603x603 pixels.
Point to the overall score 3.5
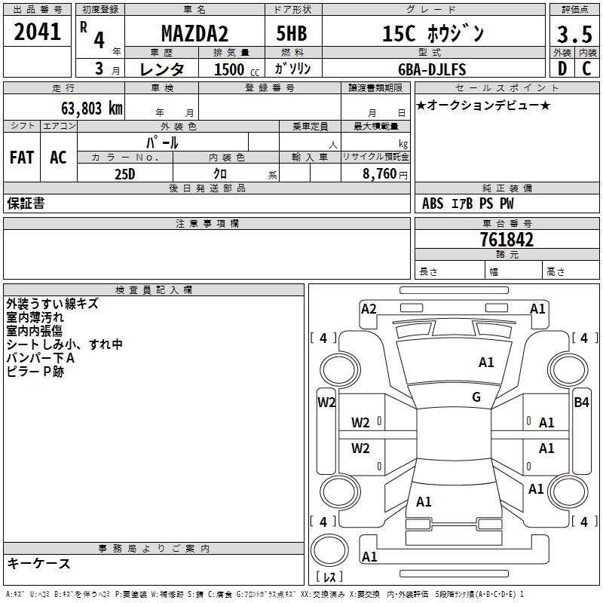coord(573,34)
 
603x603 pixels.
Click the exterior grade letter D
coord(562,69)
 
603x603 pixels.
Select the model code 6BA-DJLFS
coord(432,69)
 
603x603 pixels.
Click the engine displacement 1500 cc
coord(234,69)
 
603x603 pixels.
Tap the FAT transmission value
coord(22,158)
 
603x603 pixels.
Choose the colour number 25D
coord(125,173)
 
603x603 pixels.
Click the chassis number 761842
coord(507,240)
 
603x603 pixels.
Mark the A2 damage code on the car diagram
coord(369,308)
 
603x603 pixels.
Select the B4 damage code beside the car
coord(581,403)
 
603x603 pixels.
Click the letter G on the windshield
coord(476,397)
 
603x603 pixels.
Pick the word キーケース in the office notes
coord(39,563)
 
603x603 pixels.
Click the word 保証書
coord(26,203)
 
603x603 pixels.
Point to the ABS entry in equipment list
coord(433,203)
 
